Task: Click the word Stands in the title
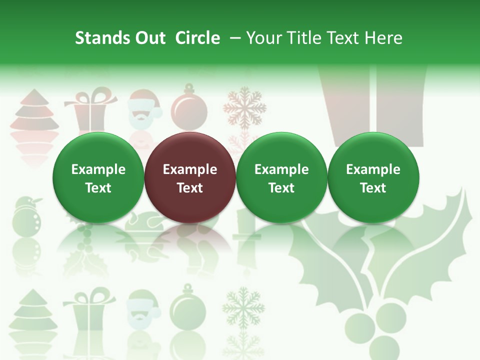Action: coord(98,38)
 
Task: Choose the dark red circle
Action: coord(190,178)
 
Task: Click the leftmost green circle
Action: coord(98,178)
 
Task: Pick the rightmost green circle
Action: coord(373,178)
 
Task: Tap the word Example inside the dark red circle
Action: coord(190,169)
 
